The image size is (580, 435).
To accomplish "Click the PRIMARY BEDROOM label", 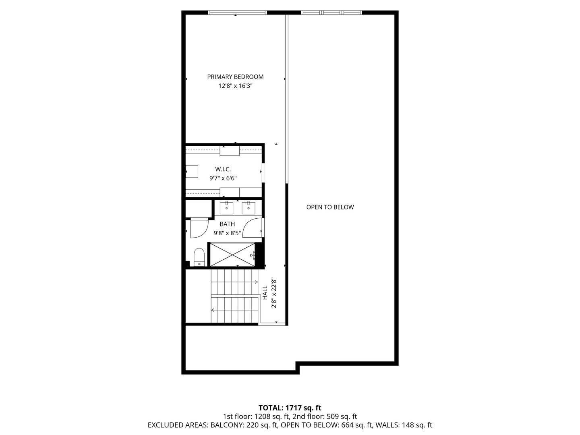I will point(235,77).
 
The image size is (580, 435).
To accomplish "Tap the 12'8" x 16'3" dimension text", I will point(235,86).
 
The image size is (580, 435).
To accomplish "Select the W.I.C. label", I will point(223,170).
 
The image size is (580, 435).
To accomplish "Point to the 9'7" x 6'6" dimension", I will point(223,178).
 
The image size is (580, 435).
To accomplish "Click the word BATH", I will point(227,224).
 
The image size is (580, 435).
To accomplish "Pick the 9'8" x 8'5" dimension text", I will point(227,233).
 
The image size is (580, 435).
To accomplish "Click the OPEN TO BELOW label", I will point(330,207).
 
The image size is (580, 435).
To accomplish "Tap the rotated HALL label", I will point(265,292).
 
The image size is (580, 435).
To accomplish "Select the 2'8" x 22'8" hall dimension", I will point(274,292).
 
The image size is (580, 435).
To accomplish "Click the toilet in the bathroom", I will point(199,257).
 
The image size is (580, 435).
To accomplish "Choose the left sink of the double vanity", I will point(226,208).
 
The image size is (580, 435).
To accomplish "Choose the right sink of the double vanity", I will point(249,208).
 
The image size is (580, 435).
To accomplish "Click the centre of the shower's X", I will point(233,255).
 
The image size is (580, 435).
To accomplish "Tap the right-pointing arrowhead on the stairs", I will point(256,282).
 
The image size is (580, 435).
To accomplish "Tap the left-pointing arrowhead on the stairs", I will point(213,310).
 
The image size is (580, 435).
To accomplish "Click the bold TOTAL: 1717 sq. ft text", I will point(290,408).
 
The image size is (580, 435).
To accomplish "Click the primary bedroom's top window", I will point(237,13).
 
